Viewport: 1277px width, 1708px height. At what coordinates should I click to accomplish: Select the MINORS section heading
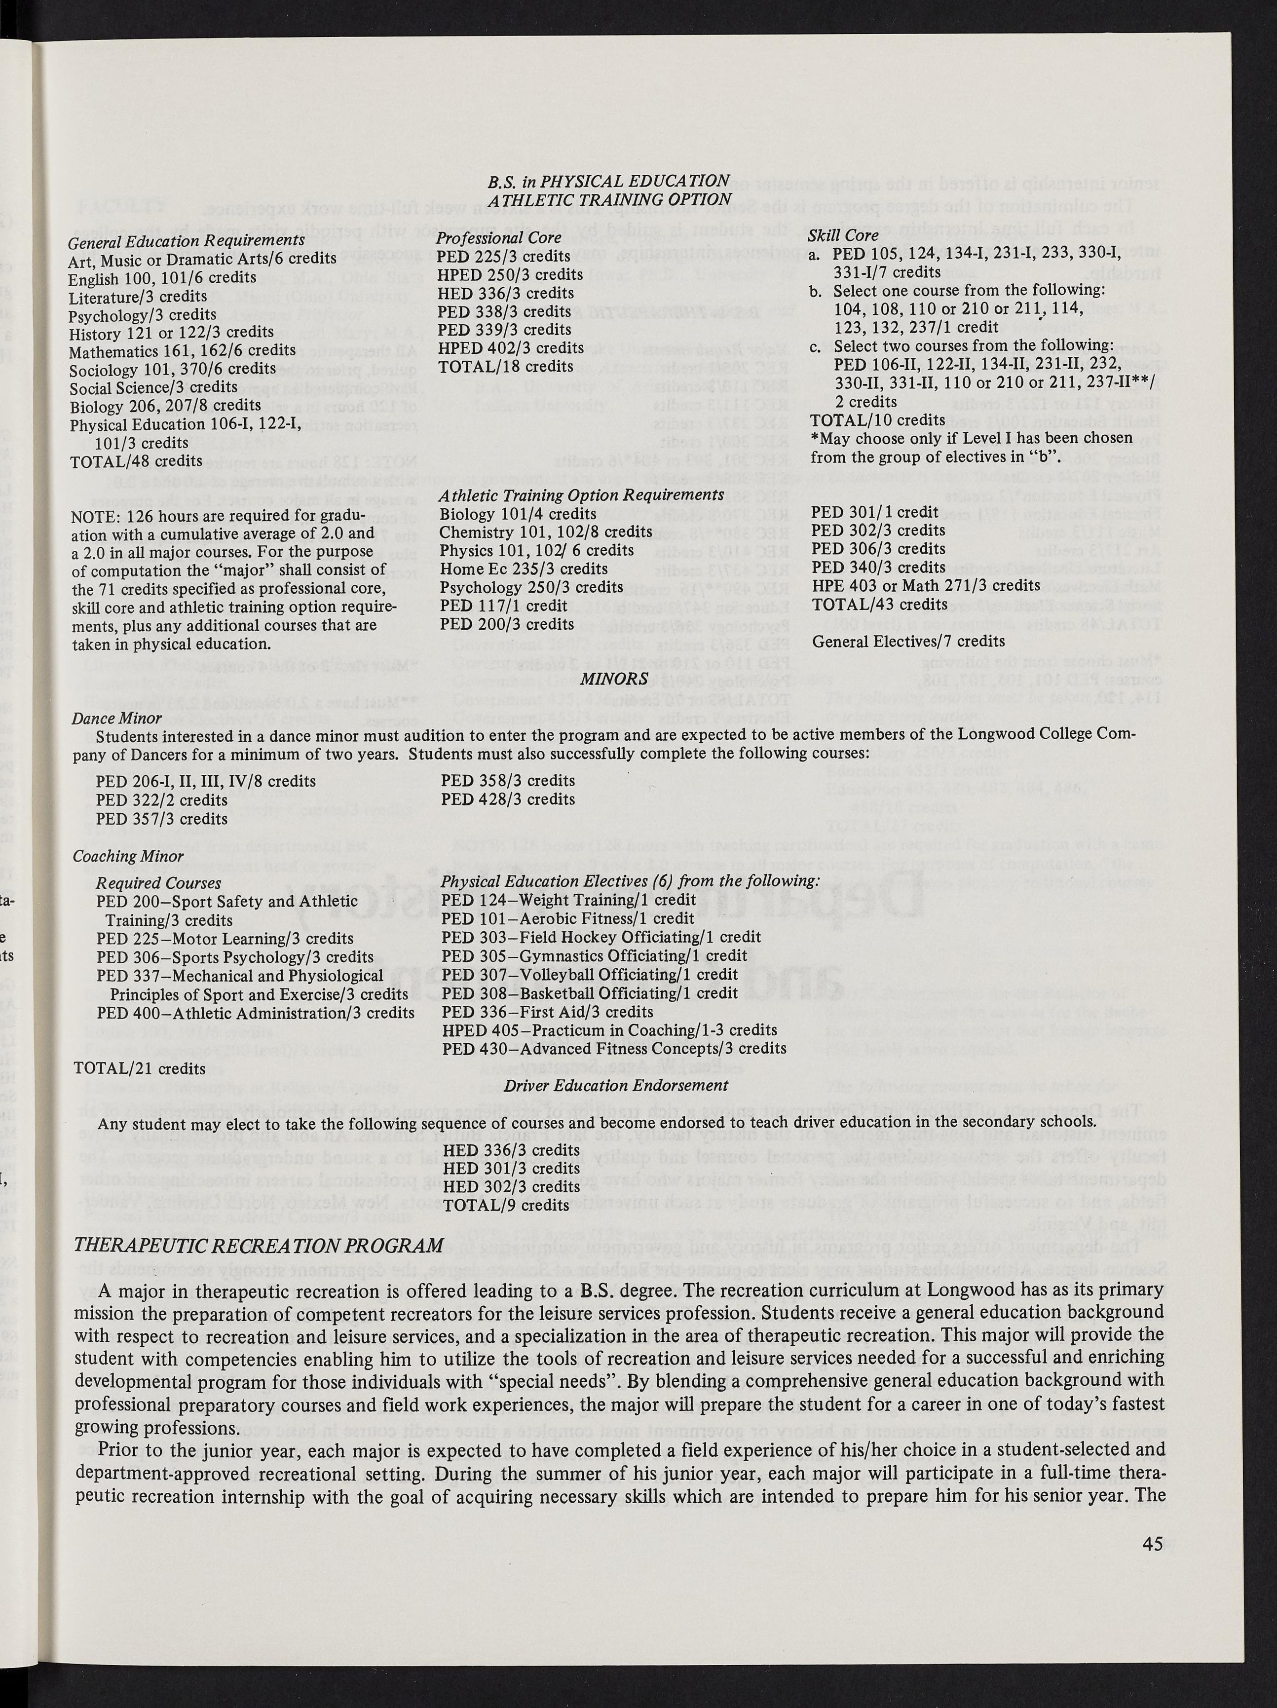pyautogui.click(x=614, y=678)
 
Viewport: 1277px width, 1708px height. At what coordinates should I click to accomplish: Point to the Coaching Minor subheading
pyautogui.click(x=128, y=856)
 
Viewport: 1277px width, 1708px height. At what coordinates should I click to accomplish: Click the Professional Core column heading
pyautogui.click(x=499, y=238)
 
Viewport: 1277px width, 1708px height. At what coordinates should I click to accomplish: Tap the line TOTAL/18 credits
pyautogui.click(x=505, y=366)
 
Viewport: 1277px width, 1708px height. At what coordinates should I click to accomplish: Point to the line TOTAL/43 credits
pyautogui.click(x=879, y=604)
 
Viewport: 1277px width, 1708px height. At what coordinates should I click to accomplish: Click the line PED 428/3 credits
pyautogui.click(x=508, y=799)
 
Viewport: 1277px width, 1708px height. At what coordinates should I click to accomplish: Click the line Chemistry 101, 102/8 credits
pyautogui.click(x=545, y=532)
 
